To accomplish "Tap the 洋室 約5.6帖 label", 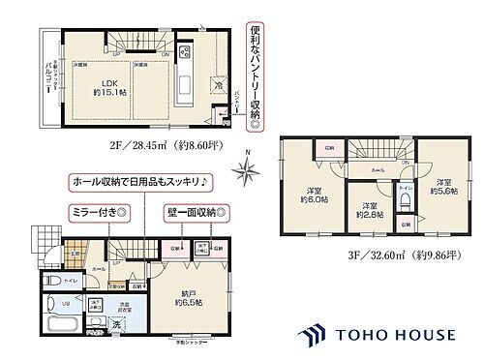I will point(443,186).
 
